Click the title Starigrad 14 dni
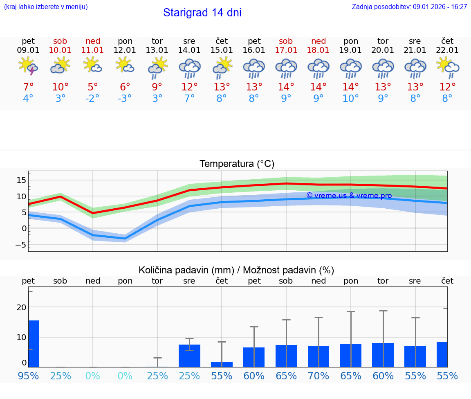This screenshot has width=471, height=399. click(x=202, y=13)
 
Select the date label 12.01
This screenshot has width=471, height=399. click(x=125, y=50)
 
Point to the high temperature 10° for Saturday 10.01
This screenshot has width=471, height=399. click(x=61, y=87)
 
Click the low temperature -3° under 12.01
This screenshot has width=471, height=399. click(x=125, y=99)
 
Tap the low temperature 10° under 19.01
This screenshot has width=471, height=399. click(x=350, y=99)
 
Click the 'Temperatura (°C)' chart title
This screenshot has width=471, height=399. click(x=237, y=164)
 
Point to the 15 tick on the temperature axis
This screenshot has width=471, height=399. click(x=22, y=180)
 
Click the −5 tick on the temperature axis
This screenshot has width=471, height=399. click(x=20, y=245)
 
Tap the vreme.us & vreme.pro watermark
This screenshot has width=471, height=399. click(x=349, y=196)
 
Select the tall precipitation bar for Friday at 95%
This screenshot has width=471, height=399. click(x=34, y=344)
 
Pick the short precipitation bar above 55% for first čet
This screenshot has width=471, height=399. click(x=222, y=365)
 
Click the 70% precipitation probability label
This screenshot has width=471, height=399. click(x=318, y=376)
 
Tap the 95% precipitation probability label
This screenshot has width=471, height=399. click(x=28, y=376)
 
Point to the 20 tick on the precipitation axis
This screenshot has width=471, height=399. click(x=22, y=307)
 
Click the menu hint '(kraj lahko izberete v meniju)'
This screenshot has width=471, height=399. click(x=46, y=7)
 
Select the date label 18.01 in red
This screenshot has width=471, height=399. click(x=318, y=50)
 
